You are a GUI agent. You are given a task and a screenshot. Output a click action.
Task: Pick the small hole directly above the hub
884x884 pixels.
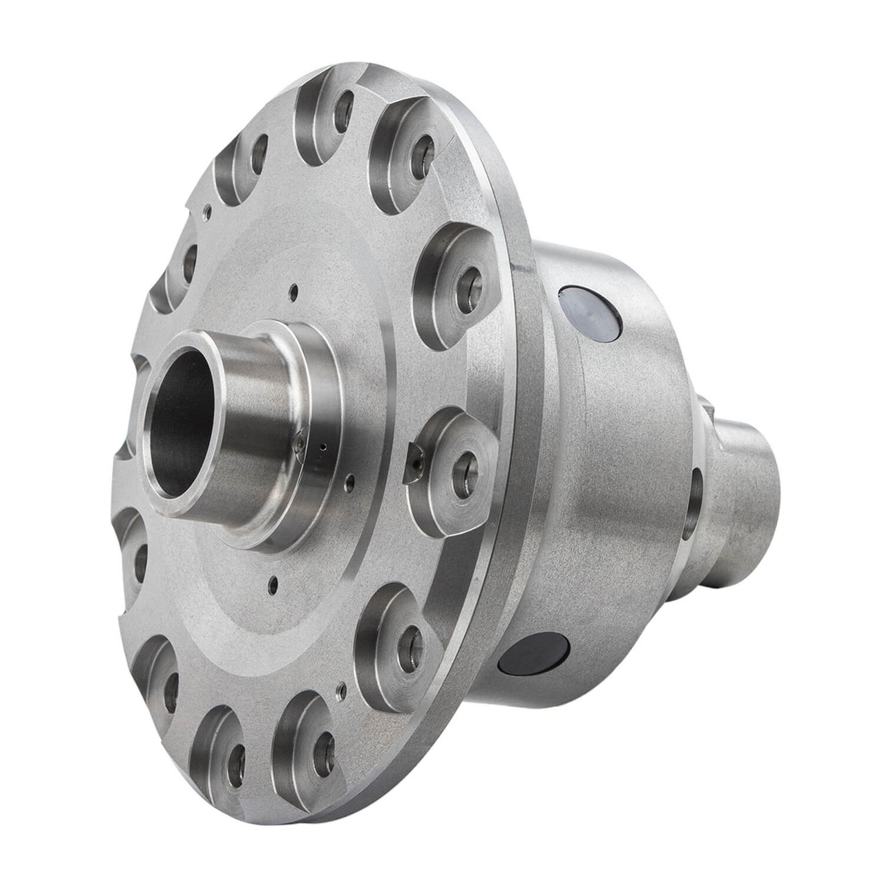295,291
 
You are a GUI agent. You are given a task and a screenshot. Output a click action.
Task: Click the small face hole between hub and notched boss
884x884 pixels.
353,479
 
